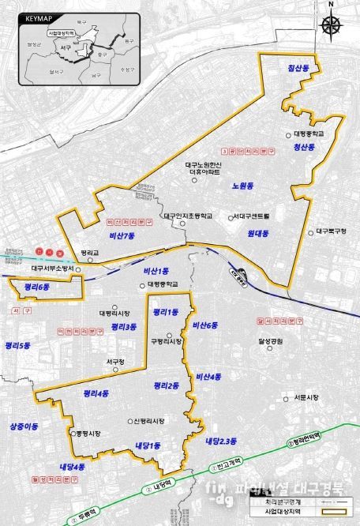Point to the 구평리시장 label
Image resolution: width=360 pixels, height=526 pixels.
point(167,341)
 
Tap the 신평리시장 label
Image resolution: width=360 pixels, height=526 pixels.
point(148,421)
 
